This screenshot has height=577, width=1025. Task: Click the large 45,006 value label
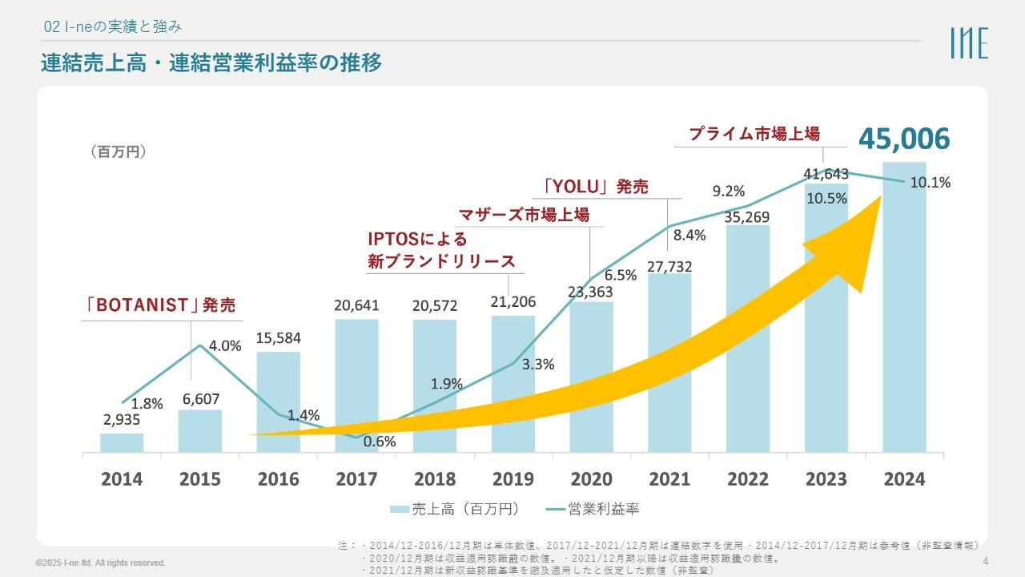pyautogui.click(x=904, y=139)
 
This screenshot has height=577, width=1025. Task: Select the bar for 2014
pyautogui.click(x=122, y=443)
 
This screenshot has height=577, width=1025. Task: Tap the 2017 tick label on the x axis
pyautogui.click(x=356, y=479)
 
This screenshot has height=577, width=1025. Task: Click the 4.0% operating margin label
pyautogui.click(x=225, y=346)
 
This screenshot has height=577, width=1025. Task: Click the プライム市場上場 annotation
pyautogui.click(x=754, y=134)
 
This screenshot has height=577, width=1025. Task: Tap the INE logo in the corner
pyautogui.click(x=969, y=42)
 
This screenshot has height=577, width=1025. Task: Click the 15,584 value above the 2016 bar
pyautogui.click(x=279, y=337)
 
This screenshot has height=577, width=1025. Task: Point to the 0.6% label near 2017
pyautogui.click(x=380, y=441)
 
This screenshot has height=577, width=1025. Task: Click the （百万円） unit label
pyautogui.click(x=118, y=151)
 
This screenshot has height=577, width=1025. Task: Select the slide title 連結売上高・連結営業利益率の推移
pyautogui.click(x=211, y=63)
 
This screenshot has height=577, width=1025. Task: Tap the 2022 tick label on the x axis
pyautogui.click(x=748, y=479)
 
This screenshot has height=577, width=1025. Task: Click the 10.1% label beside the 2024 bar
pyautogui.click(x=931, y=183)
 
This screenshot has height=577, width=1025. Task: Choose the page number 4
pyautogui.click(x=985, y=560)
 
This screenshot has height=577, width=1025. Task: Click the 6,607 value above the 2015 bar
pyautogui.click(x=200, y=398)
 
